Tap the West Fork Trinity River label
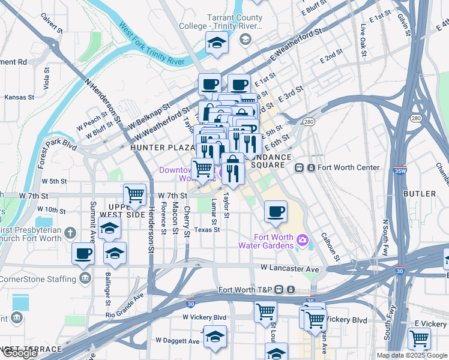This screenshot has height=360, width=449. (151, 44)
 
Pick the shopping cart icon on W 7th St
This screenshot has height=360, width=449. (135, 194)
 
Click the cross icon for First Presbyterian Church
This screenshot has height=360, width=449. (70, 232)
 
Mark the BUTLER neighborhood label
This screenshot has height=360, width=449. (420, 194)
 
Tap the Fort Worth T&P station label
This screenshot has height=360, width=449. (246, 290)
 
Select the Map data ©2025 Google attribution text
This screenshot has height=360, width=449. (412, 355)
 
